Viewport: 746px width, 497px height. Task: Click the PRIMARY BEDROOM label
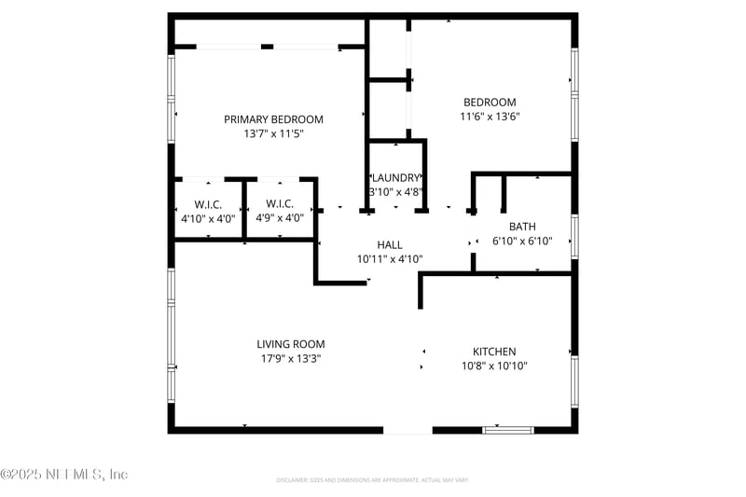pyautogui.click(x=273, y=119)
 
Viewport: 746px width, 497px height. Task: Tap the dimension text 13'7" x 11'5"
pyautogui.click(x=273, y=134)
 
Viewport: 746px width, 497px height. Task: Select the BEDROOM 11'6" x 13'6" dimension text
pyautogui.click(x=490, y=117)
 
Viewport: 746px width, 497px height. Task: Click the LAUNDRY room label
pyautogui.click(x=397, y=178)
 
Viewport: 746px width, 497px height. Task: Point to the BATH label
pyautogui.click(x=522, y=227)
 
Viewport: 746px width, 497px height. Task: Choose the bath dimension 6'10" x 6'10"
pyautogui.click(x=522, y=241)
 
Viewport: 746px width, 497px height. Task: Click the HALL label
pyautogui.click(x=390, y=245)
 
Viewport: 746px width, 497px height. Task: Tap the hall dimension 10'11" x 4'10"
pyautogui.click(x=390, y=259)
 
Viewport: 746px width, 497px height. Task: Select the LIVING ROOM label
pyautogui.click(x=291, y=344)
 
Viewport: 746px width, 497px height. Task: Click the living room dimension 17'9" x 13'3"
pyautogui.click(x=291, y=358)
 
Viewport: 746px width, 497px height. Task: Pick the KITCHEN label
pyautogui.click(x=494, y=352)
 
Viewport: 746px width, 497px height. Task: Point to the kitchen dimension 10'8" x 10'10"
pyautogui.click(x=494, y=366)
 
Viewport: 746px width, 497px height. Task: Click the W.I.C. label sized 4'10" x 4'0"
pyautogui.click(x=208, y=204)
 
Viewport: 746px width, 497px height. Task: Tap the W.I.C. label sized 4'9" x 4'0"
pyautogui.click(x=280, y=204)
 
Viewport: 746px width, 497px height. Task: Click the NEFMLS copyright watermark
pyautogui.click(x=64, y=475)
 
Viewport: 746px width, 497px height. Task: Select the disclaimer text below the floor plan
pyautogui.click(x=372, y=480)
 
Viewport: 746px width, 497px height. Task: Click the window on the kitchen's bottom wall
pyautogui.click(x=507, y=430)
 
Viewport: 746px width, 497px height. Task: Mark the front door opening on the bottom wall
pyautogui.click(x=408, y=430)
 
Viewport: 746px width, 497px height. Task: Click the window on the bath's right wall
pyautogui.click(x=574, y=237)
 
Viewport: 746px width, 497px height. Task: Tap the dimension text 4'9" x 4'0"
pyautogui.click(x=280, y=218)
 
